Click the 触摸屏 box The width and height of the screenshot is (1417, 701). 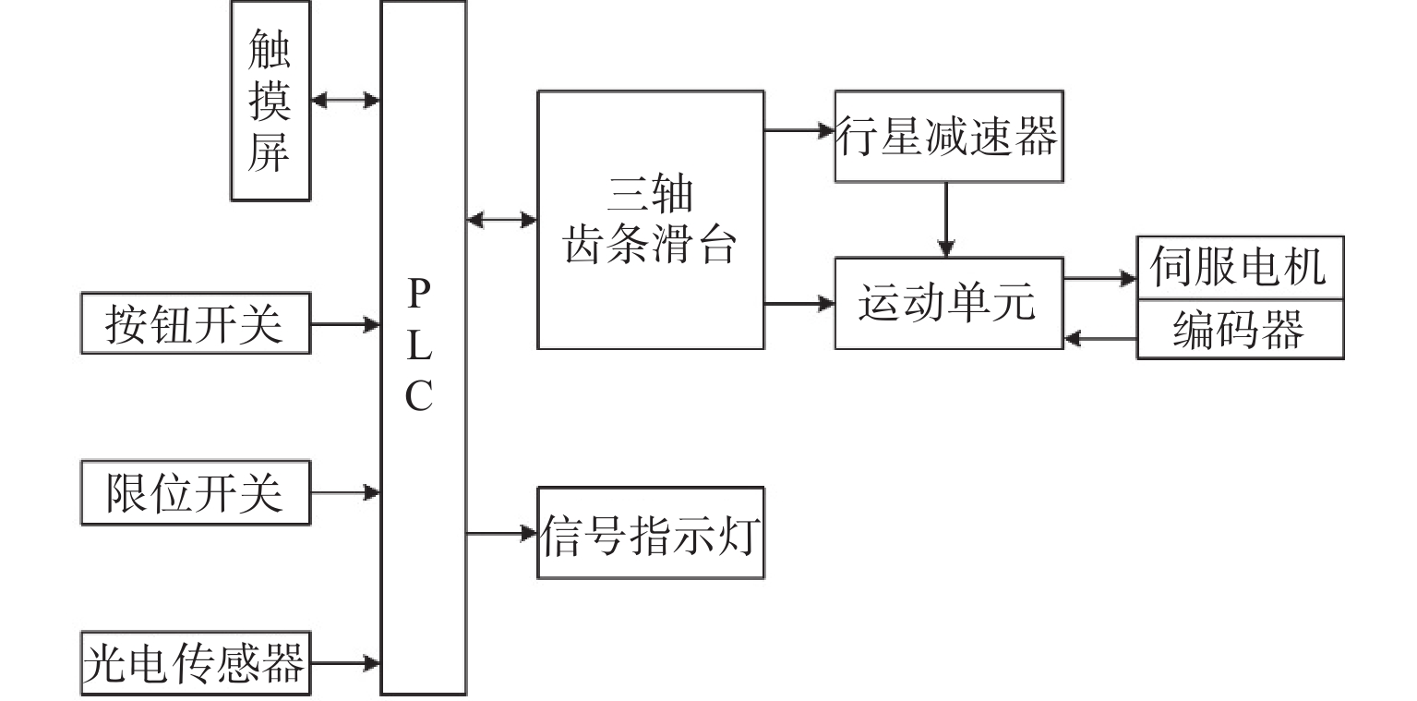click(270, 100)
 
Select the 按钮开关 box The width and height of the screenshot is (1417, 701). click(195, 323)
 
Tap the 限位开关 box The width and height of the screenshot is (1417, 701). click(195, 493)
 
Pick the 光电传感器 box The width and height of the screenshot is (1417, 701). click(195, 663)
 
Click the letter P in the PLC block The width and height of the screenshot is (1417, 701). click(419, 296)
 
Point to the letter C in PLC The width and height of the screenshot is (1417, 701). click(419, 398)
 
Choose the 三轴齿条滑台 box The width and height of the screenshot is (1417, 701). click(651, 220)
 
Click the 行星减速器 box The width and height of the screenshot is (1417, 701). click(949, 136)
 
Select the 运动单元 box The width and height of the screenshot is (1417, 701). click(949, 303)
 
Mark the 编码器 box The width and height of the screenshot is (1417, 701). click(1240, 330)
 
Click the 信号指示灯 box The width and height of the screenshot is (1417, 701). click(651, 533)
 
